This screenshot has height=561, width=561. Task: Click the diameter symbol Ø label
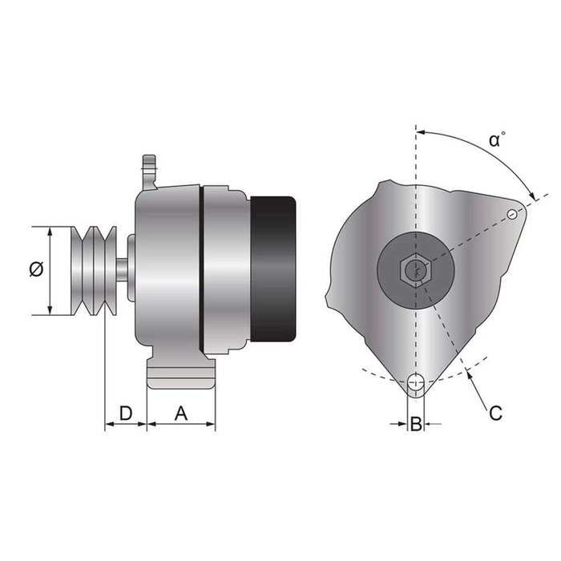35,270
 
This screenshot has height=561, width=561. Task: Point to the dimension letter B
415,424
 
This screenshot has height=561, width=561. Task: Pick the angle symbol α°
497,139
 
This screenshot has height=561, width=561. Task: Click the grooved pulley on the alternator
94,270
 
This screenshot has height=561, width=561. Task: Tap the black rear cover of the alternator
274,270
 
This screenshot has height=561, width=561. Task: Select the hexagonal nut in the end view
415,270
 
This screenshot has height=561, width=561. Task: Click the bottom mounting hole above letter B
415,385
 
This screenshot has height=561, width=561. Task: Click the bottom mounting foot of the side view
181,374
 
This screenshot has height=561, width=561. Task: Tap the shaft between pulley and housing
120,268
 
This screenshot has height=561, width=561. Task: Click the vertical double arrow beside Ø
50,270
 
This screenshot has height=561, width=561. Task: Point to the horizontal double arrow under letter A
181,425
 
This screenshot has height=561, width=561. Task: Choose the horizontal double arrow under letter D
125,425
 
